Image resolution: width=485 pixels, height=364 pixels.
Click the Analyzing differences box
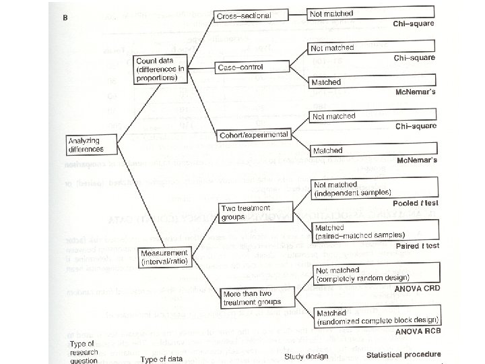point(92,144)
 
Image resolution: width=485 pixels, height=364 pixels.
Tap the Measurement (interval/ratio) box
point(164,257)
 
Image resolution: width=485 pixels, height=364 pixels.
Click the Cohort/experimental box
point(253,135)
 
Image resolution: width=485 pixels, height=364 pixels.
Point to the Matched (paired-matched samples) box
point(375,232)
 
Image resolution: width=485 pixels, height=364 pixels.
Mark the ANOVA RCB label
point(416,330)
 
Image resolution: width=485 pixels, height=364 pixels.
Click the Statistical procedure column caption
point(403,355)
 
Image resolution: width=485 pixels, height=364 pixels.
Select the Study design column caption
point(306,356)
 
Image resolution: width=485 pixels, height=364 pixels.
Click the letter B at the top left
point(65,18)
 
